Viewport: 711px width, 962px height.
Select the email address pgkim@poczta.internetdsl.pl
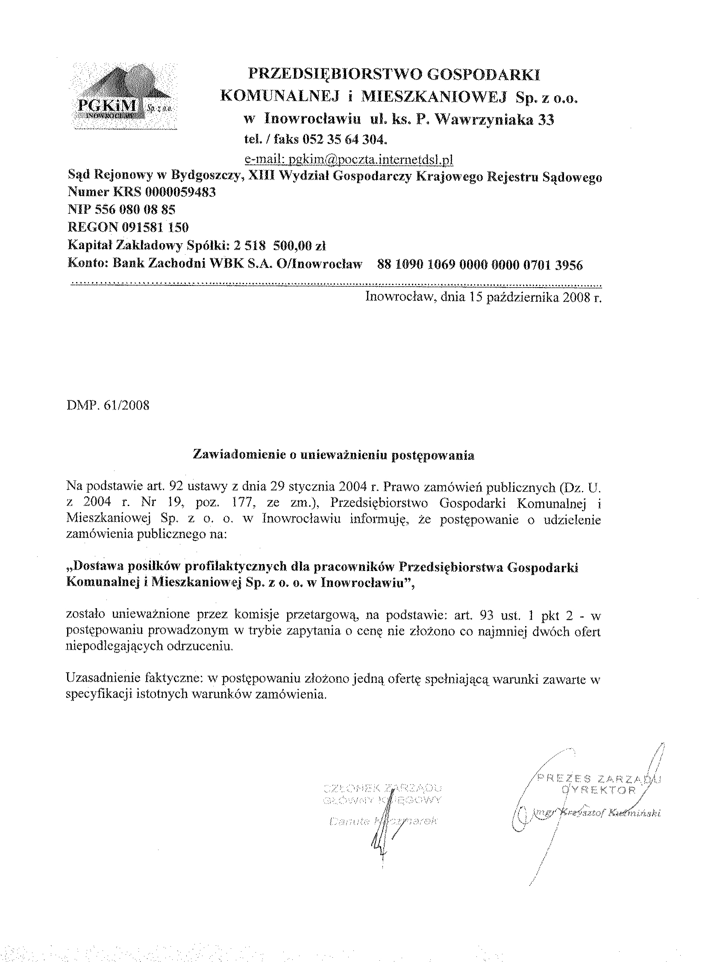click(349, 160)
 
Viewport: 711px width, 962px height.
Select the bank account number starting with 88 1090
click(479, 265)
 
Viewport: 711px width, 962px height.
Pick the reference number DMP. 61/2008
click(108, 405)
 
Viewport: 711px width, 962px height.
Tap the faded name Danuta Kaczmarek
click(382, 821)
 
